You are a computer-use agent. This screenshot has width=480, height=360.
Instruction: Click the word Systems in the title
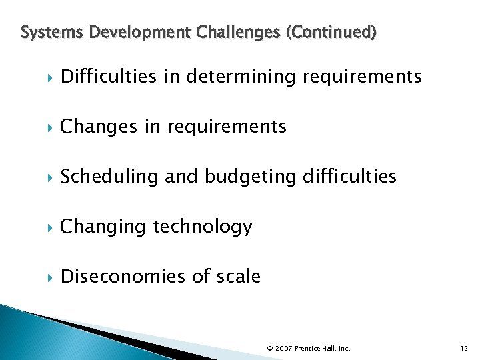[43, 31]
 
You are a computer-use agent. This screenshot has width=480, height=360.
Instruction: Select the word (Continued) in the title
[331, 31]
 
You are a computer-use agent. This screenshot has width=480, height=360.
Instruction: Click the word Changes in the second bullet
[100, 126]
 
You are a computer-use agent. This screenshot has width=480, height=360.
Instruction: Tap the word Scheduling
[109, 177]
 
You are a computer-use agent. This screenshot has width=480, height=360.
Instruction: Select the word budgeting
[251, 177]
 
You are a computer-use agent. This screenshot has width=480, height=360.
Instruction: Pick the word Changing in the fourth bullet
[103, 227]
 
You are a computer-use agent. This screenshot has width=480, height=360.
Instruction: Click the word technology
[203, 227]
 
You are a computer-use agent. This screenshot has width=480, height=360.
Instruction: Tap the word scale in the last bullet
[238, 276]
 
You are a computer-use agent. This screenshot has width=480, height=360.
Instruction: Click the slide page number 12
[464, 348]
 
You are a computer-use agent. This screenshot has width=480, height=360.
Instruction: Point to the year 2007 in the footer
[284, 349]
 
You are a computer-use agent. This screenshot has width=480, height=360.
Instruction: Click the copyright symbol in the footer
[270, 349]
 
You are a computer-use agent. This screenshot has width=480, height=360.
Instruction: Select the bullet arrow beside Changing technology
[51, 227]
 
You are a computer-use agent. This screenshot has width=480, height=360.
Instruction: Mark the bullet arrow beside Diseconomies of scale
[51, 277]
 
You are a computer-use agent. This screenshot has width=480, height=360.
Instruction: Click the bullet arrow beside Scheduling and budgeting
[51, 177]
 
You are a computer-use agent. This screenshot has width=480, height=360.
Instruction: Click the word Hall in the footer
[328, 349]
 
